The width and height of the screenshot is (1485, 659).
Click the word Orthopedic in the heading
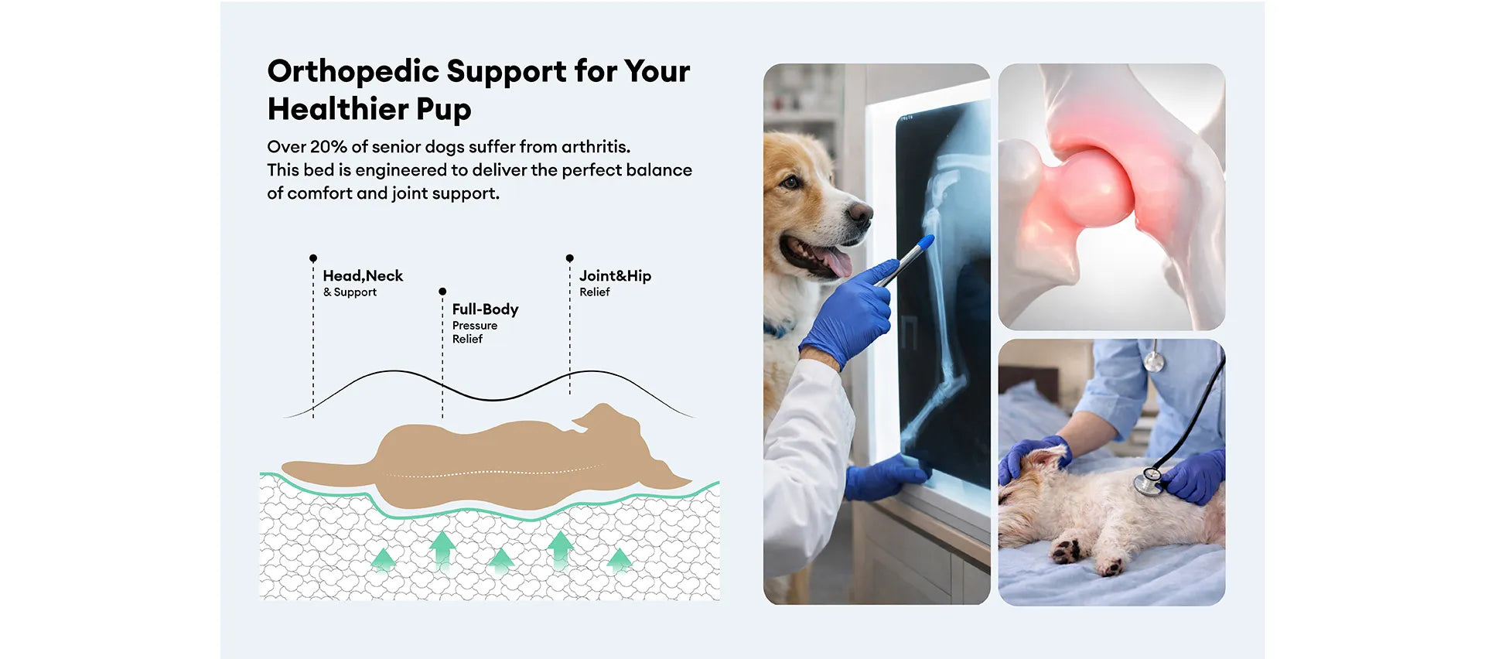353,71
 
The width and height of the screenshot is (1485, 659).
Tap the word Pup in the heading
443,110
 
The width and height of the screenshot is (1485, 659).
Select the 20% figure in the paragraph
328,146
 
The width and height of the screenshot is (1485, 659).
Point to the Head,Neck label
363,276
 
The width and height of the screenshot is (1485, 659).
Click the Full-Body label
485,309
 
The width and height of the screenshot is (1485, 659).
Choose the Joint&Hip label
615,276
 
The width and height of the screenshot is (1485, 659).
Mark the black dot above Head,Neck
313,258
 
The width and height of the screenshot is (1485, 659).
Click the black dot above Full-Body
442,292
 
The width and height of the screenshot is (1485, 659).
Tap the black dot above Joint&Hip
570,258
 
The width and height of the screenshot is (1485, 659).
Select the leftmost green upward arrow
383,559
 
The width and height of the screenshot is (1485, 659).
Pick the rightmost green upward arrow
619,559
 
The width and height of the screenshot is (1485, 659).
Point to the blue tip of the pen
926,243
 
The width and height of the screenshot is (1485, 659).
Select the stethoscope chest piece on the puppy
1145,481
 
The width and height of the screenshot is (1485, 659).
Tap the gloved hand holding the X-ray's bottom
886,476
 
